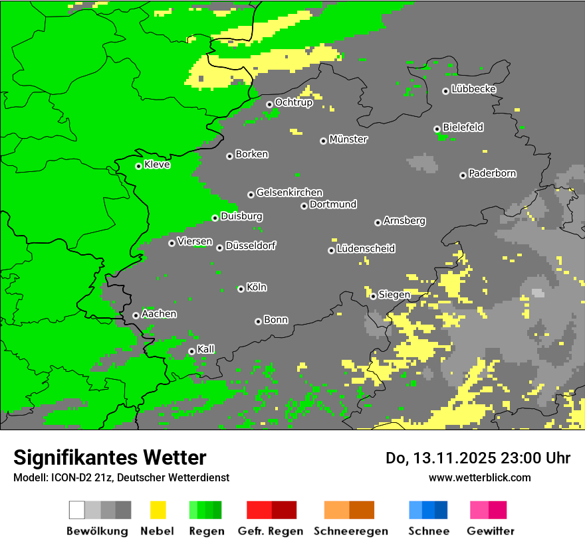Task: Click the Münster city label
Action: point(348,139)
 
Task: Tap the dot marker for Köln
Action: point(241,289)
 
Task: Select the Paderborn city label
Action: point(492,173)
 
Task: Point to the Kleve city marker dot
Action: point(138,166)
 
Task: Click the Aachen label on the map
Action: point(159,314)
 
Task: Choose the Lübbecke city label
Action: point(473,89)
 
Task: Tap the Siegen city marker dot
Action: point(373,296)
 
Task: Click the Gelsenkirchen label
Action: point(289,193)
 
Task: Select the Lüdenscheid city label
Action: point(366,248)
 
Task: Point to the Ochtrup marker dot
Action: point(269,104)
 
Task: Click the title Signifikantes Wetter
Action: point(110,457)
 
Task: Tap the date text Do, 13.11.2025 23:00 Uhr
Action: point(478,458)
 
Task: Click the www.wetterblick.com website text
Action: point(479,477)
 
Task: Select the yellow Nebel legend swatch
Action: point(158,510)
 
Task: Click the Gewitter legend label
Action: point(490,531)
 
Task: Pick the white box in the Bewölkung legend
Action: point(77,510)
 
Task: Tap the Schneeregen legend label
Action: point(350,531)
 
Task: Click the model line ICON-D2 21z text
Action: point(121,477)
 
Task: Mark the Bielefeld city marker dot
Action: point(437,129)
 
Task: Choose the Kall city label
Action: point(206,349)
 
